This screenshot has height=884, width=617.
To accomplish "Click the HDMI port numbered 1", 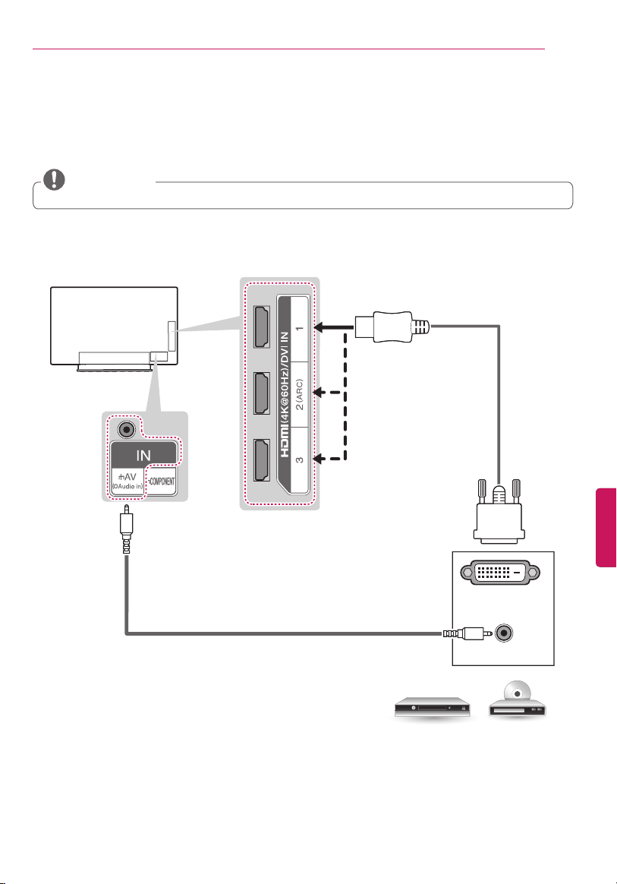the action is pos(262,327).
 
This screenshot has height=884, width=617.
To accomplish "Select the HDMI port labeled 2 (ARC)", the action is pos(262,393).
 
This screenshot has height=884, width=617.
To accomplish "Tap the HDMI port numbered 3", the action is pos(262,459).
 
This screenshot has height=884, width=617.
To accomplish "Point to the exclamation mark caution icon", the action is pos(54,179).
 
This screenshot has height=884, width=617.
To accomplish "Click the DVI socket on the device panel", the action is pos(500,572).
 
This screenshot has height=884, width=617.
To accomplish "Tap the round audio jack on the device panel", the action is pos(503,633).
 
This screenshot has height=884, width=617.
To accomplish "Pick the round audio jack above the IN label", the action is pos(127,430).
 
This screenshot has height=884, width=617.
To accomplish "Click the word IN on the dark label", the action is pos(143,455).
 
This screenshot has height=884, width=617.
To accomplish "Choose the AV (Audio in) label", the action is pos(127,481).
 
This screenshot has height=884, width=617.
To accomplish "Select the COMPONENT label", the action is pos(162,481).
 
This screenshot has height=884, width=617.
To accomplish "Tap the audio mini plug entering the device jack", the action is pos(467,633).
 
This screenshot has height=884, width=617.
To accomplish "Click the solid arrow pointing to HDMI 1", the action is pos(334,327).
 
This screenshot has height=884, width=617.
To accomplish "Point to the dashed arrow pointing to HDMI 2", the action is pos(328,393).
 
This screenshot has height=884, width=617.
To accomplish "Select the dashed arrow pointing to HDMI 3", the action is pos(328,459).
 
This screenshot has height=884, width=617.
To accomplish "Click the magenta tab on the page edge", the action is pos(606,528).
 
